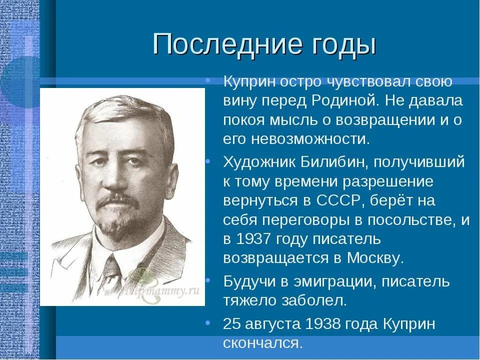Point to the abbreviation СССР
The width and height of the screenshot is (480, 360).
point(339,200)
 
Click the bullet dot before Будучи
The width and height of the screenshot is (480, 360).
point(207,277)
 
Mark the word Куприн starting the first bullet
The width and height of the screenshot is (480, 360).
point(247,81)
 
